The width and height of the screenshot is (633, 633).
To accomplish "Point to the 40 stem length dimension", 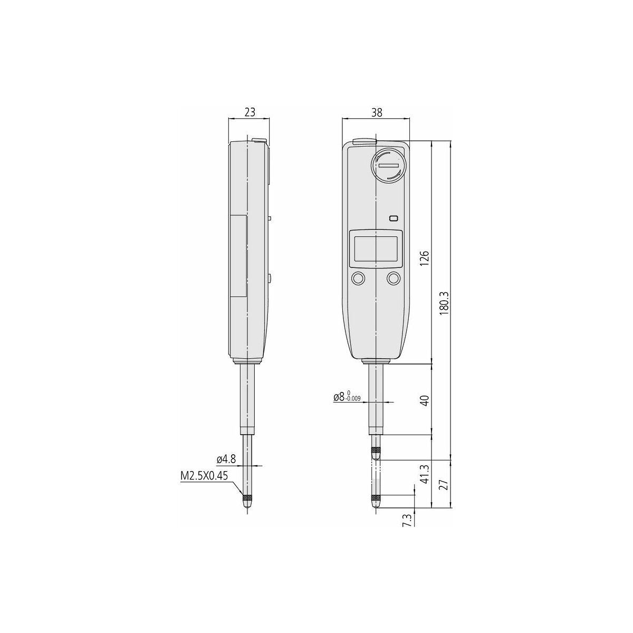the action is pyautogui.click(x=425, y=401).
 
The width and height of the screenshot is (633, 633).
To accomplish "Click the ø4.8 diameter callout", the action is pyautogui.click(x=226, y=459).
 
